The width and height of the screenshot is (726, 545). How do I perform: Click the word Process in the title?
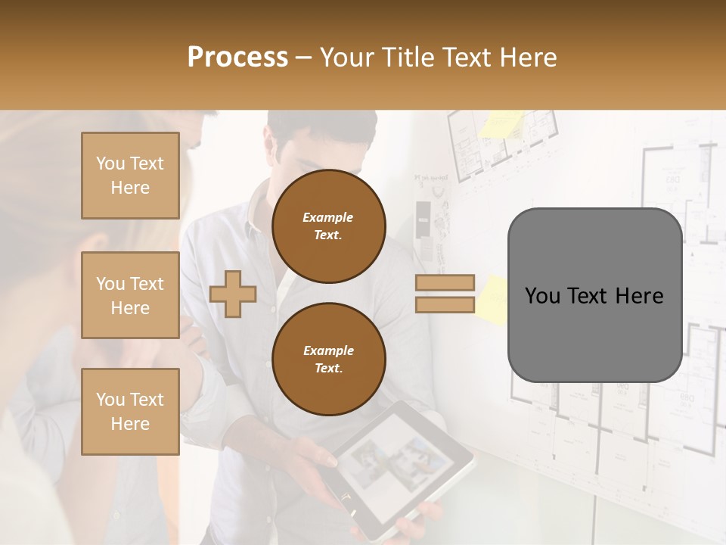click(237, 58)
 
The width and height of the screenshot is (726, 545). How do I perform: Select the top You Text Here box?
click(130, 176)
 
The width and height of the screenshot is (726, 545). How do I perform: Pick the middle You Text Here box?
click(130, 295)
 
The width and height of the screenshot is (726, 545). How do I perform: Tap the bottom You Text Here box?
click(130, 412)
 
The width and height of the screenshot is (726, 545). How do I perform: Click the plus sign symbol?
click(232, 294)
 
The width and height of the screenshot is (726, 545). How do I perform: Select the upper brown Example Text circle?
click(328, 226)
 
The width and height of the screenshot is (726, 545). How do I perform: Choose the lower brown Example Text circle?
click(328, 359)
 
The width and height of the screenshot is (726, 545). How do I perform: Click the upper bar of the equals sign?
click(445, 282)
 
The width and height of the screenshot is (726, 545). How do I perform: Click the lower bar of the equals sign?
click(445, 304)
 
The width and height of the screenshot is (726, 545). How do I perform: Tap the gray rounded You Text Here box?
click(594, 295)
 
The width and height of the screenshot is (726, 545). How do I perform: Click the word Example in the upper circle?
click(328, 217)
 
